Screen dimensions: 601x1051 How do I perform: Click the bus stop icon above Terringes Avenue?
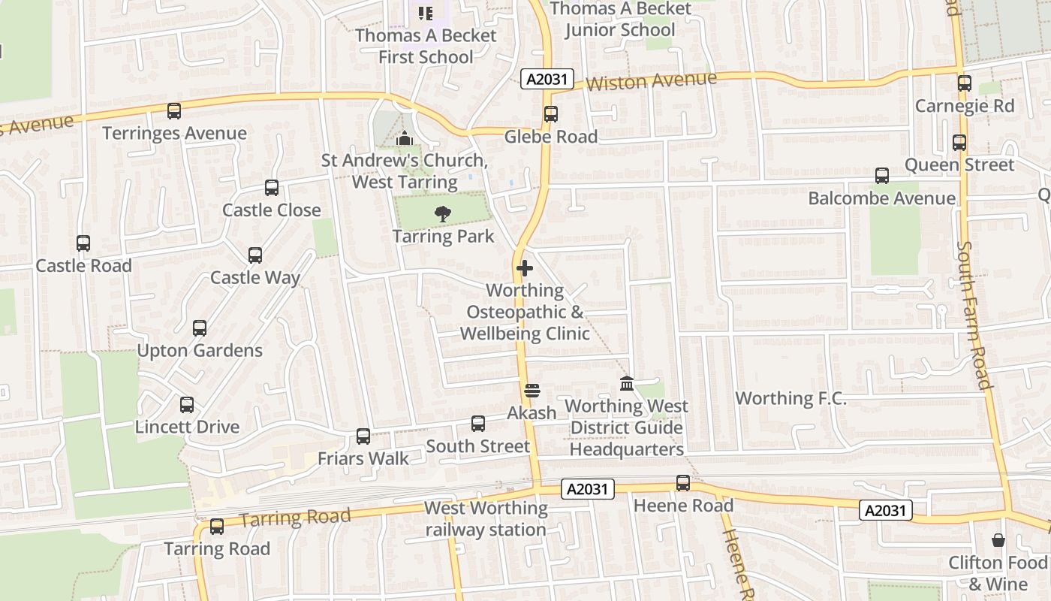(x=174, y=111)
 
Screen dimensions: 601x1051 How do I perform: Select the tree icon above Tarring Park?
(x=443, y=214)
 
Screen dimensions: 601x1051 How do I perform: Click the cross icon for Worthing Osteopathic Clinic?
(x=525, y=267)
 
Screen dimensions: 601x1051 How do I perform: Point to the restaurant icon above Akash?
(x=532, y=391)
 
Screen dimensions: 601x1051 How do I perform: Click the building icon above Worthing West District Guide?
(x=627, y=384)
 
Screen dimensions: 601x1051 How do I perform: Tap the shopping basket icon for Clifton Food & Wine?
(x=998, y=540)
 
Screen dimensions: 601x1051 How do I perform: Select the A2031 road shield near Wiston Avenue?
(x=547, y=79)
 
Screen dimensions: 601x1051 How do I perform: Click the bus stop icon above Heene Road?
(x=683, y=483)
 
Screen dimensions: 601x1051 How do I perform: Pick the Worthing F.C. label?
(x=791, y=398)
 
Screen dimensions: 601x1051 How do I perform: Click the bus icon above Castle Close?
(x=272, y=188)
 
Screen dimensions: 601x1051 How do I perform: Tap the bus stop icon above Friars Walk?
(x=363, y=436)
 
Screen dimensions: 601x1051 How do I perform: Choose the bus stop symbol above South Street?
(x=478, y=424)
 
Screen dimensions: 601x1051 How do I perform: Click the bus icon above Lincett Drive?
(x=187, y=405)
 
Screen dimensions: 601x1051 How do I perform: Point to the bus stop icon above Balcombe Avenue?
(x=882, y=176)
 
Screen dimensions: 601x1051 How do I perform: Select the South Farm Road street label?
(x=975, y=315)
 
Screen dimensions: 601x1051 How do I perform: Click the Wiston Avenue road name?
(x=651, y=80)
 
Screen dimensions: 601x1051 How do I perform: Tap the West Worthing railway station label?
(x=486, y=518)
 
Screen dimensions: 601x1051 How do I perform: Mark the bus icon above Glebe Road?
(x=551, y=114)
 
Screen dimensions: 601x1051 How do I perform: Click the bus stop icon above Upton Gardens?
(x=200, y=328)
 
